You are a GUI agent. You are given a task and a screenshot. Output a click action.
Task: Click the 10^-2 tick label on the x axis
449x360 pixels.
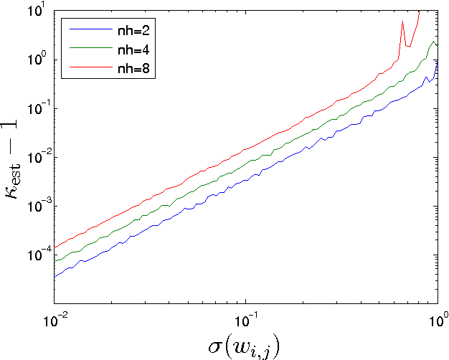55,316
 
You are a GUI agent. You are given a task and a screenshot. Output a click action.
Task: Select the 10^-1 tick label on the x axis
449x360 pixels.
246,316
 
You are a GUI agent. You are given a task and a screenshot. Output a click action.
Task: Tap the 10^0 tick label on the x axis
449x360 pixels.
437,316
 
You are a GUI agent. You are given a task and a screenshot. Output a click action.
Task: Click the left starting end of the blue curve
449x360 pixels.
55,277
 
